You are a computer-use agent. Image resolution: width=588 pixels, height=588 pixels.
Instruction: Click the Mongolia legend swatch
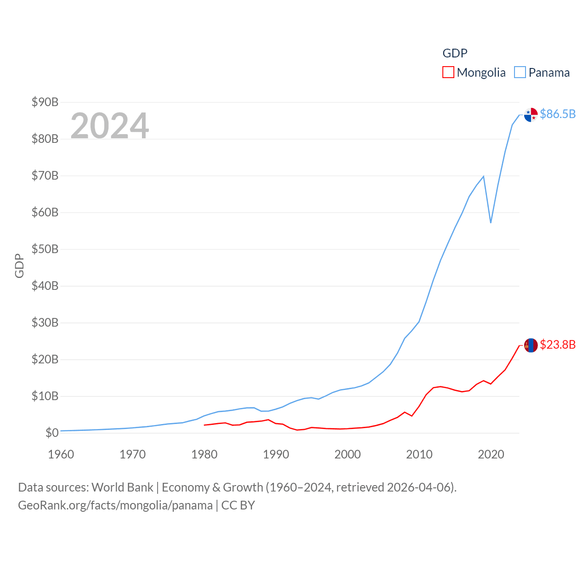click(448, 73)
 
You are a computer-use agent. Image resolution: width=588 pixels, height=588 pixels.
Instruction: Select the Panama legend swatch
click(520, 73)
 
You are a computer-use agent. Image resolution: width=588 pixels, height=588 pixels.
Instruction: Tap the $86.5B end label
click(558, 114)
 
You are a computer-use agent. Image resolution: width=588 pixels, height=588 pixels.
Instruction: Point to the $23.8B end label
click(558, 345)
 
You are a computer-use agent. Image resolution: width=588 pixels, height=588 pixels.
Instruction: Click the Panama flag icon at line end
click(531, 115)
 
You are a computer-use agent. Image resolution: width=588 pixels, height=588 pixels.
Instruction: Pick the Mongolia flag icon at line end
click(531, 345)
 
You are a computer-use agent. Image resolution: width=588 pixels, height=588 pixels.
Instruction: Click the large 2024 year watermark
click(110, 125)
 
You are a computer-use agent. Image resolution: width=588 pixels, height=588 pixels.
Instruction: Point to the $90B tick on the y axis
click(45, 102)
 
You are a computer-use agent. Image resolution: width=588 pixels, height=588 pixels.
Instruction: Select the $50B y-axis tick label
click(45, 249)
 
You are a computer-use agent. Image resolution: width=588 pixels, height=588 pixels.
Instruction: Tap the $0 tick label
click(52, 433)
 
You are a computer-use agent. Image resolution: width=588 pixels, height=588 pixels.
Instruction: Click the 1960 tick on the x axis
click(61, 454)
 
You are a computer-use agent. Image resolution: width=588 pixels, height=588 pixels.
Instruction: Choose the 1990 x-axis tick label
click(276, 454)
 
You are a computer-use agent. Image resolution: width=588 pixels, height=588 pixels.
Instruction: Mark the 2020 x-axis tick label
click(491, 454)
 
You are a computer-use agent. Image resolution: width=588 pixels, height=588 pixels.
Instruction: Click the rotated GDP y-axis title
click(19, 266)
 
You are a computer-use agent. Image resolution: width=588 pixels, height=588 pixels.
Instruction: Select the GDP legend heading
click(455, 53)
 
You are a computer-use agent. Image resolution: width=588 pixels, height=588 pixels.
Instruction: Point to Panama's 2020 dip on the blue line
click(491, 223)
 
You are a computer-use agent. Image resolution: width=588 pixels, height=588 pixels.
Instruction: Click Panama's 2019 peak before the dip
click(483, 176)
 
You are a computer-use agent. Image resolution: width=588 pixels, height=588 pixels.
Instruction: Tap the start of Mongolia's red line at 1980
click(204, 425)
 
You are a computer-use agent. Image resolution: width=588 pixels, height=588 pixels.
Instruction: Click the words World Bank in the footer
click(122, 487)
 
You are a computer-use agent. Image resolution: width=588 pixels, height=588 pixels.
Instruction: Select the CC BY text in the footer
click(238, 505)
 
